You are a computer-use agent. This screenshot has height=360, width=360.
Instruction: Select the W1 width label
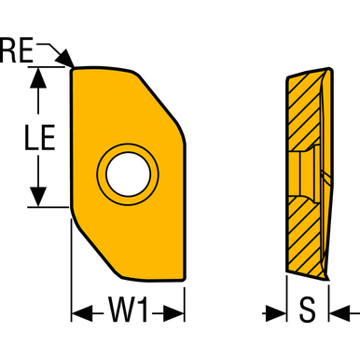[x=130, y=310]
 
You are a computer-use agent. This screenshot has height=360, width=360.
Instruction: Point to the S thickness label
[x=308, y=310]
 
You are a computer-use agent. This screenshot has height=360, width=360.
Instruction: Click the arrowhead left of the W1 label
[x=81, y=311]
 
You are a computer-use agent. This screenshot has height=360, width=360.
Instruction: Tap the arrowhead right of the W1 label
[x=176, y=311]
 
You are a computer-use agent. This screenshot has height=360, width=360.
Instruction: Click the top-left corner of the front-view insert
[x=74, y=68]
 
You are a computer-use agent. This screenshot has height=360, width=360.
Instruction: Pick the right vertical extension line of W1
[x=185, y=298]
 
